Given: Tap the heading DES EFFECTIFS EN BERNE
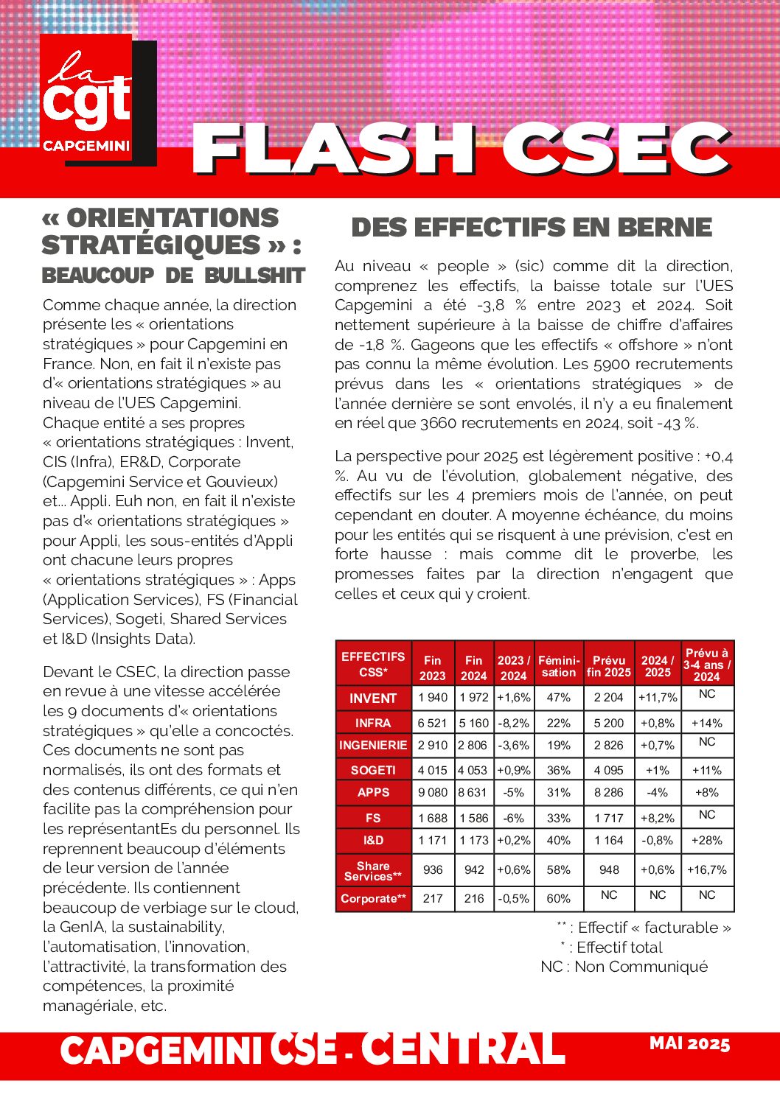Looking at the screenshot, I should (x=532, y=227).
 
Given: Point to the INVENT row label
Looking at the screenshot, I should (x=373, y=698).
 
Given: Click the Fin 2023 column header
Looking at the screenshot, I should (x=433, y=668).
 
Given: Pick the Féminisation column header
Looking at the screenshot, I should (x=559, y=666).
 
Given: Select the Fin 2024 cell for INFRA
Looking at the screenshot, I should (x=474, y=724).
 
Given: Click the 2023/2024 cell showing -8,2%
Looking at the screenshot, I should (x=514, y=724).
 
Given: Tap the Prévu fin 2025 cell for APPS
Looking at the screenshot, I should (x=609, y=793).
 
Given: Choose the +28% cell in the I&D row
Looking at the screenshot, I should (x=707, y=840).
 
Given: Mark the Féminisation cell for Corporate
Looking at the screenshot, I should (x=559, y=898).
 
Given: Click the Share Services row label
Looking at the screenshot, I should (x=373, y=871).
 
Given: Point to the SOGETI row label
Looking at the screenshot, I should (x=373, y=770).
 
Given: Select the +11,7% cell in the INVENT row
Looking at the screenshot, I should (x=658, y=697).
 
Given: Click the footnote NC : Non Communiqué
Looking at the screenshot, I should (x=624, y=967).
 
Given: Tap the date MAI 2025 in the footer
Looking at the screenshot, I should (x=689, y=1044).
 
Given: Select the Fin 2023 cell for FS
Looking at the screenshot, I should (x=433, y=818).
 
